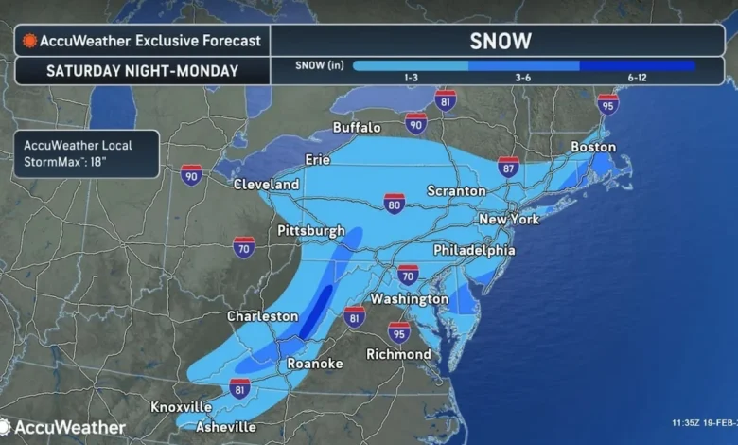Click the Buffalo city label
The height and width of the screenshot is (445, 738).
tap(357, 127)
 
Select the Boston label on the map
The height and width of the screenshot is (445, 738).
tap(593, 147)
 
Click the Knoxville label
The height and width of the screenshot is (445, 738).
tap(182, 406)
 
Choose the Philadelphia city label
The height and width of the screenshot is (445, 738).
tap(474, 250)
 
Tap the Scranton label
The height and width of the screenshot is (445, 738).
tap(455, 190)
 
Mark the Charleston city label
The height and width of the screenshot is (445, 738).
tap(263, 316)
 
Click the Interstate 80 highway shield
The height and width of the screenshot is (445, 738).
tap(395, 203)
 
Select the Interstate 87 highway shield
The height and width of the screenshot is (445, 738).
tap(508, 167)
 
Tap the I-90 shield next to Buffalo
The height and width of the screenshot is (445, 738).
tap(415, 123)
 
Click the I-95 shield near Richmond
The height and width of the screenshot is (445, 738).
tap(399, 332)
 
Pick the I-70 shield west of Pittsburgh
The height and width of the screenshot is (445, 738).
tap(244, 247)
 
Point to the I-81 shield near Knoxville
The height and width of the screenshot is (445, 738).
tap(240, 387)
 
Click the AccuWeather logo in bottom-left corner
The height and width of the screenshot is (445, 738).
tap(63, 428)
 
